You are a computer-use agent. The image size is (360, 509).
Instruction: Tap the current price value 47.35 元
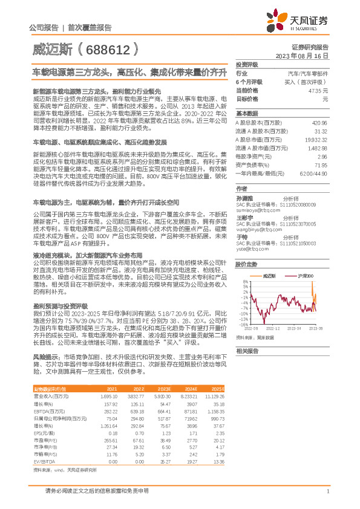[317, 89]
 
